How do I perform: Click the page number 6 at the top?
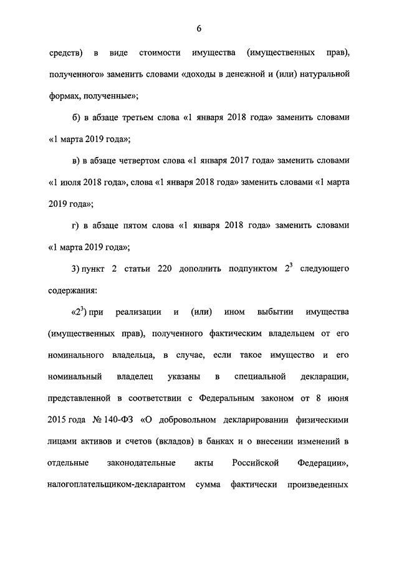coord(199,28)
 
